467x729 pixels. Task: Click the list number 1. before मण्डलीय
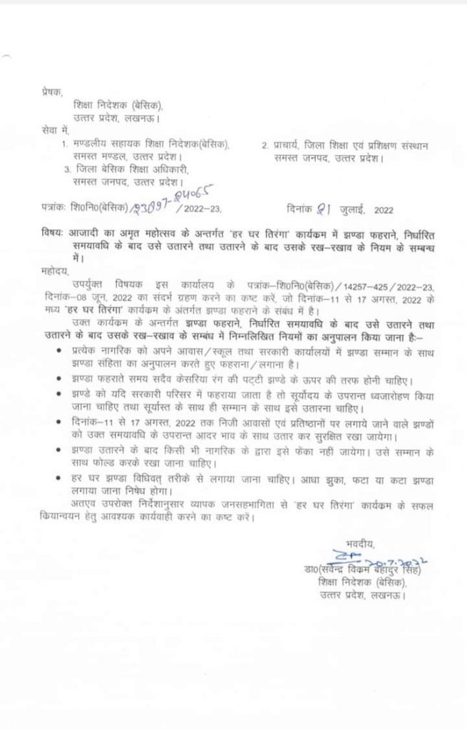coord(66,145)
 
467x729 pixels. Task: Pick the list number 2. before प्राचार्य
coord(265,145)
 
